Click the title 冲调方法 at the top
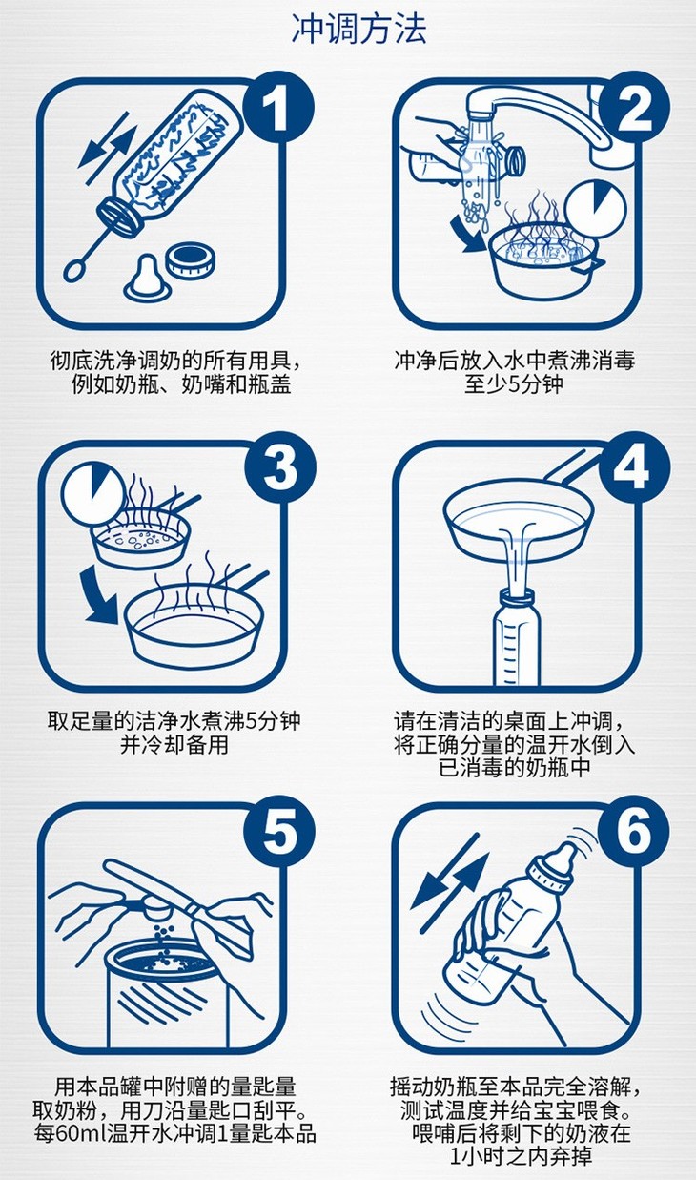359,29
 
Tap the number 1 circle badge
279,109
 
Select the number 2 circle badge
634,109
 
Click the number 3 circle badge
279,468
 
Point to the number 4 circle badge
634,468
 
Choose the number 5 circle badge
279,832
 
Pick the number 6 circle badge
634,832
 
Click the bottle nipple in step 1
149,277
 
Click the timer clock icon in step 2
596,209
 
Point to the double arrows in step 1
108,147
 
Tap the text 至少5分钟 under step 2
513,384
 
